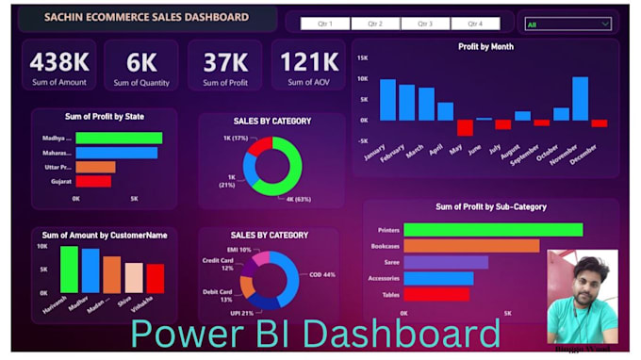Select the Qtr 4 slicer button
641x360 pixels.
tap(474, 24)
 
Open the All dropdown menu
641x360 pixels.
tap(567, 24)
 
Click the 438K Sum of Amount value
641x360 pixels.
tap(59, 62)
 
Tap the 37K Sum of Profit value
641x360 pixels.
tap(224, 62)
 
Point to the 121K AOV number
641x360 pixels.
tap(308, 62)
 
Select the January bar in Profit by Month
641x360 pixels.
tap(387, 99)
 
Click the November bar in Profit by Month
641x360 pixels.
tap(580, 98)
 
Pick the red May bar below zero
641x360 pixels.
tap(465, 127)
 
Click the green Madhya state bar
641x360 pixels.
tap(119, 138)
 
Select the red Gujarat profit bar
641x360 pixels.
tap(93, 181)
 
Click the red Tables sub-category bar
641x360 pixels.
tap(436, 294)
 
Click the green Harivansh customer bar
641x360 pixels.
tap(69, 270)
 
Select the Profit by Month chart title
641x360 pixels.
tap(485, 46)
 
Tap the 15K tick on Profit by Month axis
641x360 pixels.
tap(362, 57)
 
